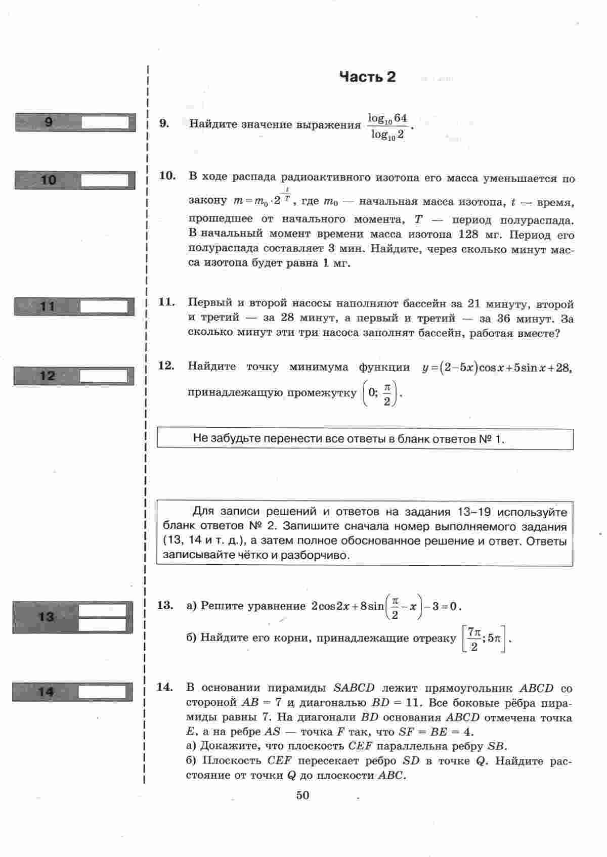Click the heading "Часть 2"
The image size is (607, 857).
[367, 77]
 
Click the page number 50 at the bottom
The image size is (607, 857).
[302, 795]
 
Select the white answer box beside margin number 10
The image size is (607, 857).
[107, 181]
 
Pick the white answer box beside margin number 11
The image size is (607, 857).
[104, 307]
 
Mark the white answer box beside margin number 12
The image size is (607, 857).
[104, 376]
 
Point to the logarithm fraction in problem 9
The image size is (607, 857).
[387, 126]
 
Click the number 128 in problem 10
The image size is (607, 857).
[468, 235]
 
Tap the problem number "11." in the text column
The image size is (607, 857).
[167, 302]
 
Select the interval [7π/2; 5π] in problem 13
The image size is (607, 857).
[484, 640]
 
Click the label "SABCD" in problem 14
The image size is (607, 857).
[354, 688]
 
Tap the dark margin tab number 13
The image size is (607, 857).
[46, 617]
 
